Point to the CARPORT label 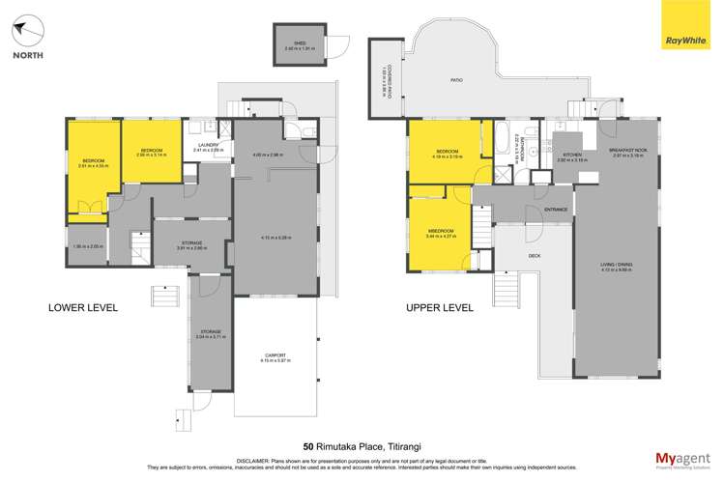tap(275, 355)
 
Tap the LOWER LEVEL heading tap(82, 308)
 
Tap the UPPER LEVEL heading tap(439, 308)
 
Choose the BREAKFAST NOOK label tap(627, 151)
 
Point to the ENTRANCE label tap(556, 210)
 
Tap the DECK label tap(534, 257)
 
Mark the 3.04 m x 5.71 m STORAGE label tap(209, 331)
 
